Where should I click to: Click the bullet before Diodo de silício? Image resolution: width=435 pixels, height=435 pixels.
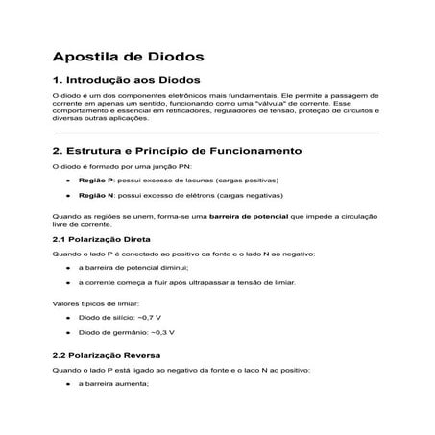[x=67, y=317]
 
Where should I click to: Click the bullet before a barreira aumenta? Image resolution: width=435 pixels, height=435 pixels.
[x=67, y=384]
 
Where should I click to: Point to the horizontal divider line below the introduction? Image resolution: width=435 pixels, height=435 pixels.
[x=217, y=133]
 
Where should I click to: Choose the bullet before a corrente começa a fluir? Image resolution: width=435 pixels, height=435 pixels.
[x=67, y=282]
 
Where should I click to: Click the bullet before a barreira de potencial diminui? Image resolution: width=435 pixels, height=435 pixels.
[x=67, y=268]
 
